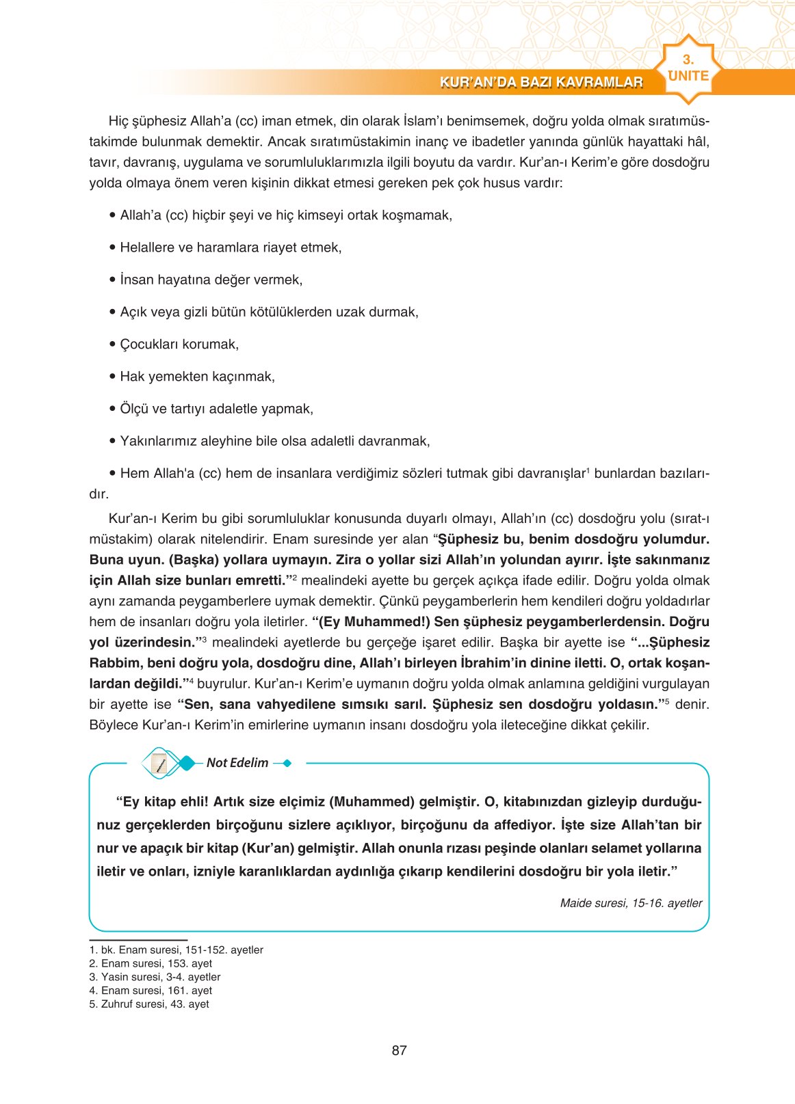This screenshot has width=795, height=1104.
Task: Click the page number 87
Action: (x=399, y=1051)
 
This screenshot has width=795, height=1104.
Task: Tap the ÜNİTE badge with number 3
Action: (x=688, y=70)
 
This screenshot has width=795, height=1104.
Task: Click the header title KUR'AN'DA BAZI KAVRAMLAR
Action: (x=541, y=83)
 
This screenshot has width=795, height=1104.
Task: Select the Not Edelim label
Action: (x=237, y=763)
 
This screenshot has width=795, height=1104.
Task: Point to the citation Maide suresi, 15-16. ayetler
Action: (x=631, y=903)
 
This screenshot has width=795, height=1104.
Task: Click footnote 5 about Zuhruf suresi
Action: (x=149, y=1004)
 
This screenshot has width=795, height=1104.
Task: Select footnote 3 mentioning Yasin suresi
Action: (x=155, y=977)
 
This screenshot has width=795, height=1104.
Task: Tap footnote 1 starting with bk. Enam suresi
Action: (x=176, y=950)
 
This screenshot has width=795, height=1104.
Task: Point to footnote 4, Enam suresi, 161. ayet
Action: (x=151, y=991)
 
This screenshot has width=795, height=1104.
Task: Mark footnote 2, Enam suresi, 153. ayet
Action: (x=151, y=963)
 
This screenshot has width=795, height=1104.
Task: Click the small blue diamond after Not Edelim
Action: (x=287, y=763)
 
